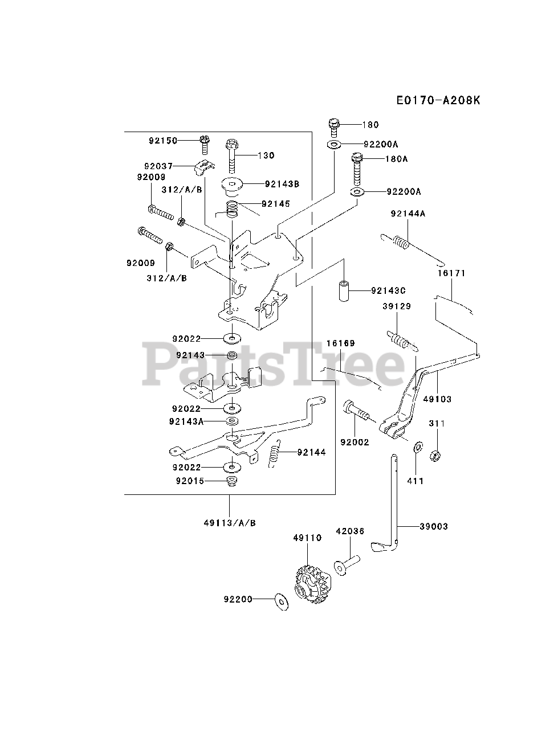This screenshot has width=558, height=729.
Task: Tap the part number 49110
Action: (308, 538)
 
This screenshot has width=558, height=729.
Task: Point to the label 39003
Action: (434, 526)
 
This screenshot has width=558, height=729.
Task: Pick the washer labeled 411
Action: (418, 445)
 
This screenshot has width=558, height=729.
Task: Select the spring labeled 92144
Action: (275, 453)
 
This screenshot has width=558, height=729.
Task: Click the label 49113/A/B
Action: (230, 522)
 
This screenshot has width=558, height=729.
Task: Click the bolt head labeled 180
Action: (335, 124)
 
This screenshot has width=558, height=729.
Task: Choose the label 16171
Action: (452, 273)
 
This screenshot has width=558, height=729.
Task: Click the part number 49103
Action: (437, 399)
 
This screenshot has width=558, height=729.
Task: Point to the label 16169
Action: (340, 343)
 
